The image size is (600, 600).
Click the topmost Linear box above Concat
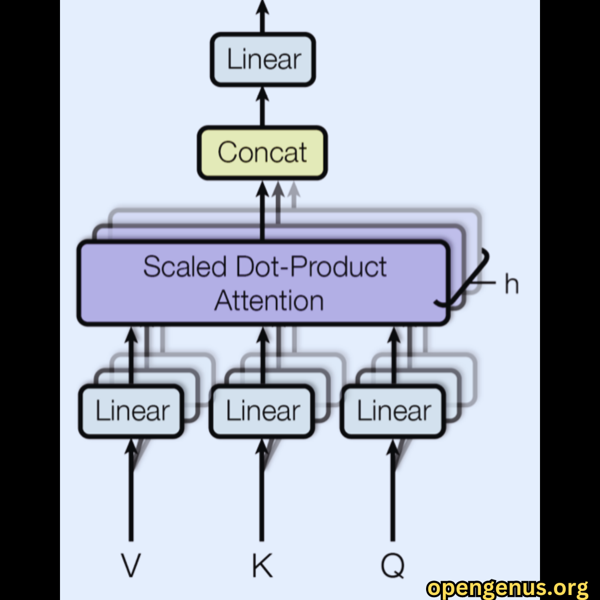[263, 59]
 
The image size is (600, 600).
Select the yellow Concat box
[262, 153]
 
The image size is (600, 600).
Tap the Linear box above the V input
[131, 411]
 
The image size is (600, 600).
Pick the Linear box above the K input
[262, 411]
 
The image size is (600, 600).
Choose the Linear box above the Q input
[393, 411]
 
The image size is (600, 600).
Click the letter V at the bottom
[131, 565]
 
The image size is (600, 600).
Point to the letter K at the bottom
[262, 565]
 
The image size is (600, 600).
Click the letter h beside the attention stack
[512, 283]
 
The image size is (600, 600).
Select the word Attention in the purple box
[269, 301]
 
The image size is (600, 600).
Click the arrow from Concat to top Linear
[262, 106]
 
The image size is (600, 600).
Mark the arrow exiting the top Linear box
[262, 17]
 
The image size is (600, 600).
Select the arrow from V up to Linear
[131, 490]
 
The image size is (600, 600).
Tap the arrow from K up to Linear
[262, 490]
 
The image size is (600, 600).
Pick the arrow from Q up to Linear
[393, 490]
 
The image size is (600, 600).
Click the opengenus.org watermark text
[508, 588]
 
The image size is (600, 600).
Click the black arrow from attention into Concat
[262, 210]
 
